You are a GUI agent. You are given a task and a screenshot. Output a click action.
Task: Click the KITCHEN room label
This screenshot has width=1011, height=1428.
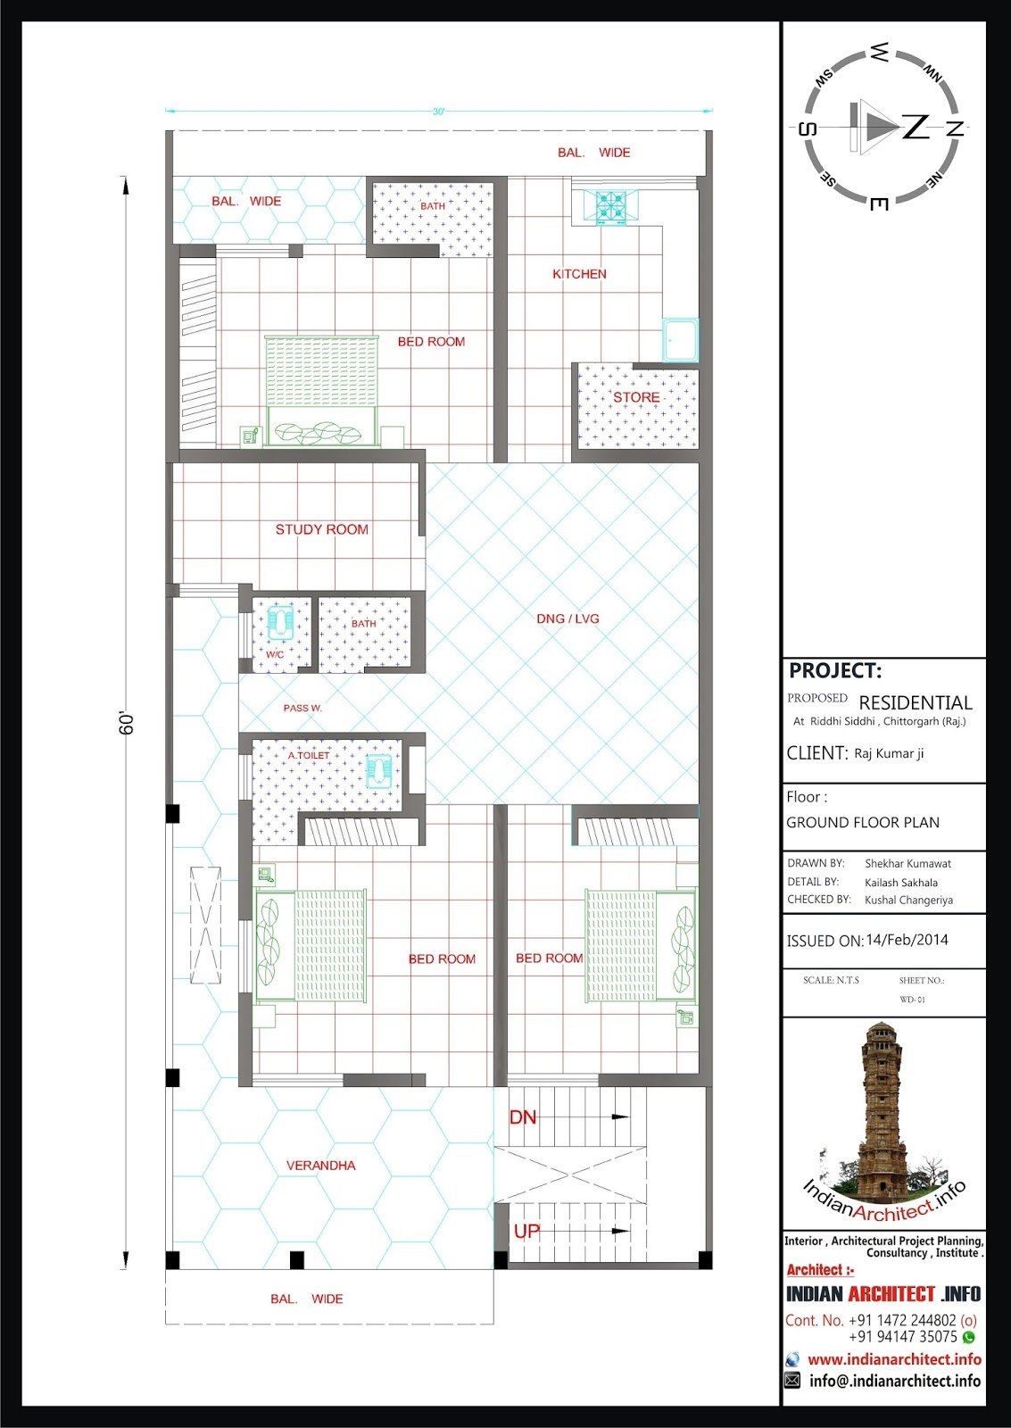579,274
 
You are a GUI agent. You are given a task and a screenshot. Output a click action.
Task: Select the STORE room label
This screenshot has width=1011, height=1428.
636,397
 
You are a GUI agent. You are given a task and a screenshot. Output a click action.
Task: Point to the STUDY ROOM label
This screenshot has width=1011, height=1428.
322,529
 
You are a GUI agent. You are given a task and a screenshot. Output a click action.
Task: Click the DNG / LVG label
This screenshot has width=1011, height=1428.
568,619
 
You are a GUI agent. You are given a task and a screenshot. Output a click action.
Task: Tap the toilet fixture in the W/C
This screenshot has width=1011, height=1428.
281,621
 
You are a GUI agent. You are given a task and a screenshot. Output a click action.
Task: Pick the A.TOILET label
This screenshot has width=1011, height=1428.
309,755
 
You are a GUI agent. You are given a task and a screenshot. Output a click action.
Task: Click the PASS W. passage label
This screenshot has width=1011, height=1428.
302,708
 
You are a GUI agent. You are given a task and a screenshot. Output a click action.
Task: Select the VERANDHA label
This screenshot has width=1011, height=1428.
320,1166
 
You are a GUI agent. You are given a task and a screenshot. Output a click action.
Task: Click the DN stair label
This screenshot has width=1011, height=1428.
523,1117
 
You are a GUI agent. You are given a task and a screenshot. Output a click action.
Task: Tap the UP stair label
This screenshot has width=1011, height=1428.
526,1231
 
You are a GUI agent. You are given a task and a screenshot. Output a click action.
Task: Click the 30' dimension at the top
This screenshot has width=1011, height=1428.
438,112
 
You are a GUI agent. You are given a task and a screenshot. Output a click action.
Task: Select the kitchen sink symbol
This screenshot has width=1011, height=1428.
680,340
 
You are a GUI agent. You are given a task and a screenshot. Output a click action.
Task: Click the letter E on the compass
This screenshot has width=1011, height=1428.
878,204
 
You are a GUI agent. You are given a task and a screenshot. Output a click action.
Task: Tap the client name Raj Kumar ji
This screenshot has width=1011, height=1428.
889,753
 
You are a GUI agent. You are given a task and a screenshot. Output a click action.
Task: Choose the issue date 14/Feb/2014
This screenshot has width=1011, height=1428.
907,940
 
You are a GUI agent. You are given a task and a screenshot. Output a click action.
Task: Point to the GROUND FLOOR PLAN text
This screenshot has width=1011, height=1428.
863,822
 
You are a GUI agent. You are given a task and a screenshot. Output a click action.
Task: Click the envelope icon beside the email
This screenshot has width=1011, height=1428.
792,1381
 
